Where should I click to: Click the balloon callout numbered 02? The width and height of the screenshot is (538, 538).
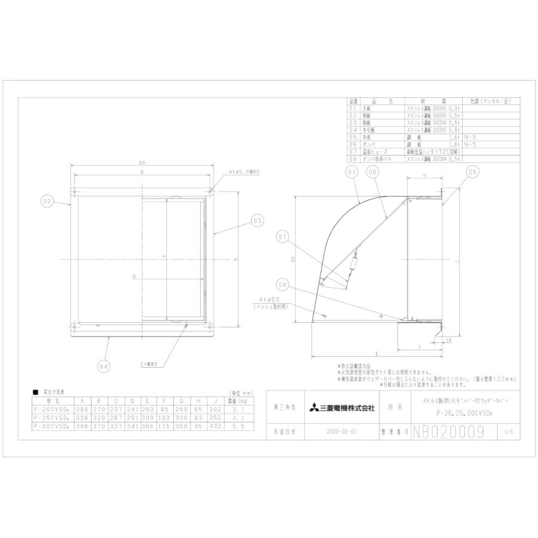(x=48, y=201)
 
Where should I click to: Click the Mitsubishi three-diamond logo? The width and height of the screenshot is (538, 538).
(x=313, y=408)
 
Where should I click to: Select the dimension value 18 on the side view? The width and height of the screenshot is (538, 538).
(x=448, y=340)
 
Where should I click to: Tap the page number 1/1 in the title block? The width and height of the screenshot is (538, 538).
(x=508, y=430)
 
